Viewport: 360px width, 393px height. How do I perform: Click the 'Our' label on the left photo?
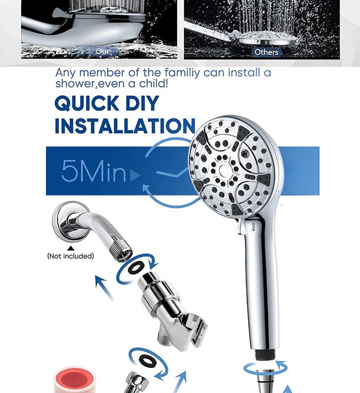point(103,51)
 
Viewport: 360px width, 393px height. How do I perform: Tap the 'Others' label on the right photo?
point(266,52)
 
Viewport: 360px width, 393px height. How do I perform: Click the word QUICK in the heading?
point(86,103)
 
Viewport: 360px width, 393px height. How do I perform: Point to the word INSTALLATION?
point(125,126)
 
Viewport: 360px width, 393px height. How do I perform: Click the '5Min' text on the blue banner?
point(94,171)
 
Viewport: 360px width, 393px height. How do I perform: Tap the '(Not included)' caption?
point(71,256)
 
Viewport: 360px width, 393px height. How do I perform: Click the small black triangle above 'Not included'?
point(71,248)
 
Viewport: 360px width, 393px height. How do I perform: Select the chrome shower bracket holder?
point(168,307)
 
